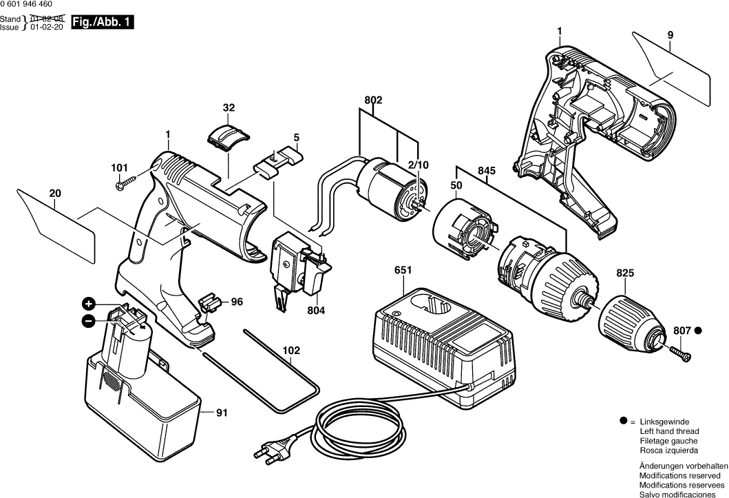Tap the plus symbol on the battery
pyautogui.click(x=88, y=303)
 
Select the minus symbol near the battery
pyautogui.click(x=88, y=320)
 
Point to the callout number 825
pyautogui.click(x=624, y=273)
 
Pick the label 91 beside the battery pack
pyautogui.click(x=222, y=413)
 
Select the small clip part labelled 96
pyautogui.click(x=210, y=302)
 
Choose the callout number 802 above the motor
pyautogui.click(x=374, y=100)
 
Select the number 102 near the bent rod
pyautogui.click(x=292, y=351)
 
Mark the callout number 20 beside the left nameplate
pyautogui.click(x=54, y=195)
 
